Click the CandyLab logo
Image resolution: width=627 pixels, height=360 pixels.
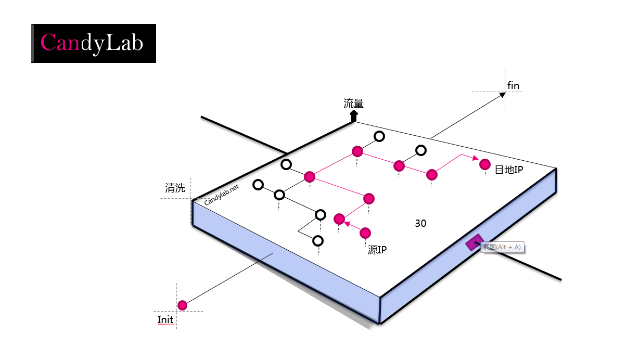pyautogui.click(x=94, y=43)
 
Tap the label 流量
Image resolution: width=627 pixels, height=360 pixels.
pyautogui.click(x=353, y=104)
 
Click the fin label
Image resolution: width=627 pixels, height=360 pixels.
pyautogui.click(x=513, y=85)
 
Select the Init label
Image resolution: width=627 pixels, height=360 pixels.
pyautogui.click(x=165, y=319)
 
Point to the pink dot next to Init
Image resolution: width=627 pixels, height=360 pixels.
pyautogui.click(x=182, y=305)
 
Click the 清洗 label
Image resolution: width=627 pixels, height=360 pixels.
pyautogui.click(x=175, y=188)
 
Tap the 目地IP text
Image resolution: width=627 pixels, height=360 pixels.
pyautogui.click(x=508, y=170)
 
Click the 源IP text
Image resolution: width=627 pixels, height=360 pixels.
pyautogui.click(x=377, y=250)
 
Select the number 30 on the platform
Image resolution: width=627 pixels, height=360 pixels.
pyautogui.click(x=420, y=223)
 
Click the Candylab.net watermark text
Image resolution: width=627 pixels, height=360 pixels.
pyautogui.click(x=222, y=195)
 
